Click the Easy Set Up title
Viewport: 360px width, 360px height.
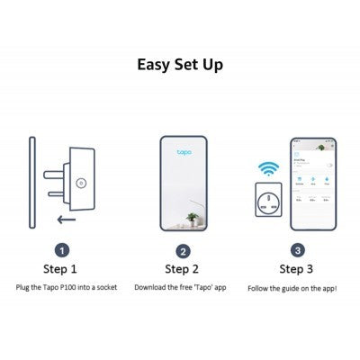pyautogui.click(x=180, y=65)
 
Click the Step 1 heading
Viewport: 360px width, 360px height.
pyautogui.click(x=61, y=268)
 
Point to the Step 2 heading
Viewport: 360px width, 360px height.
pyautogui.click(x=183, y=268)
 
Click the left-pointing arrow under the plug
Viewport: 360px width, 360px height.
pyautogui.click(x=62, y=218)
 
